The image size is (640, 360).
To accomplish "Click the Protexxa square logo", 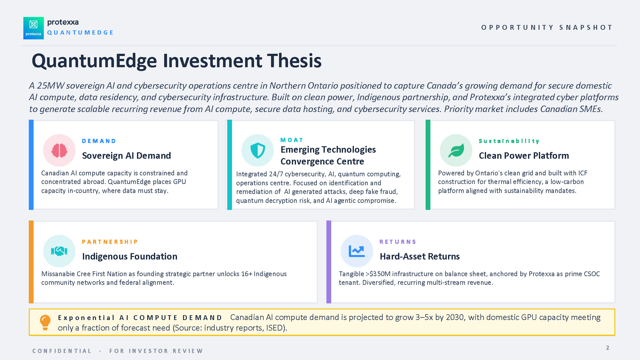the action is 34,28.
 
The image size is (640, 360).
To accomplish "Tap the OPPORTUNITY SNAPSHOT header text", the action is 547,28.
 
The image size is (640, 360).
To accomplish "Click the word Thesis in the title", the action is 294,61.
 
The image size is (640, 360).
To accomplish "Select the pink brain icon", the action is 59,150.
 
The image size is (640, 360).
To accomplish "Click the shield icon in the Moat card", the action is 258,150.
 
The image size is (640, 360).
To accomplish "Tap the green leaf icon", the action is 456,150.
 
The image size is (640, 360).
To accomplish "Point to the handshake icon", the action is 59,251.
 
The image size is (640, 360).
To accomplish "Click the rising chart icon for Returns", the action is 357,251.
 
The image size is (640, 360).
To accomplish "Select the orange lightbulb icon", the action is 45,322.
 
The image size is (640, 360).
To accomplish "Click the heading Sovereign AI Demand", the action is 126,156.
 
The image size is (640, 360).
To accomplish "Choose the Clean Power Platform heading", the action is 524,156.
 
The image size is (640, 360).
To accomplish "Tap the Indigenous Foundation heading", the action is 130,256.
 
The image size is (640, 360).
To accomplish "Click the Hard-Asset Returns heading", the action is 420,256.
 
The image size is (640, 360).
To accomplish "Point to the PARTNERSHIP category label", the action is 110,242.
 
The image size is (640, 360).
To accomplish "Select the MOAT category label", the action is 292,140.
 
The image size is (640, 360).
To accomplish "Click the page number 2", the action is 608,348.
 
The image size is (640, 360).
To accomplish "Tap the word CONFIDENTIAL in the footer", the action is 62,351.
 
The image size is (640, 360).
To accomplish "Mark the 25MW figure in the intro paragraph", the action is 51,86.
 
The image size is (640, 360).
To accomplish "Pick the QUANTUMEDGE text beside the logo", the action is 80,33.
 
